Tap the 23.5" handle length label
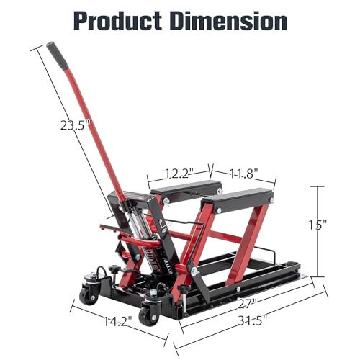75,125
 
